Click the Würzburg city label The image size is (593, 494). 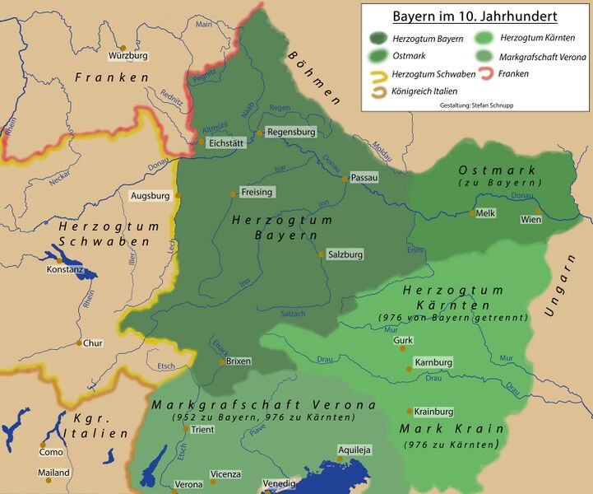[x=129, y=56]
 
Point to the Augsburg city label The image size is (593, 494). [x=150, y=196]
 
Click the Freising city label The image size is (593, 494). [x=257, y=192]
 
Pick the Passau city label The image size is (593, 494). [x=364, y=177]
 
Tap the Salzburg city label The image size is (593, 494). [x=345, y=255]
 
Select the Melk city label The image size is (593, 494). [x=486, y=212]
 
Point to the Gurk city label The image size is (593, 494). [x=402, y=340]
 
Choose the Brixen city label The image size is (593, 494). [x=239, y=361]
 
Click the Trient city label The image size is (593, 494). [x=202, y=429]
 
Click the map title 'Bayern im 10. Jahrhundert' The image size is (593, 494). [x=475, y=16]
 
